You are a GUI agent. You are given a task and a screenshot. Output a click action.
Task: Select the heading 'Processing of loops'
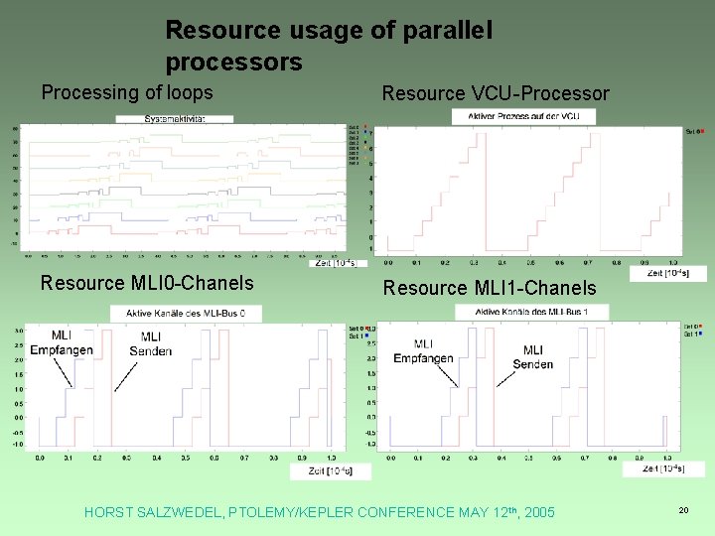pyautogui.click(x=127, y=92)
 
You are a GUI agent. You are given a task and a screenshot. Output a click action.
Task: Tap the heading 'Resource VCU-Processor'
pyautogui.click(x=496, y=93)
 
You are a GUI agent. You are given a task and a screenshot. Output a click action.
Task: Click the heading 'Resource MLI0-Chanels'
pyautogui.click(x=147, y=283)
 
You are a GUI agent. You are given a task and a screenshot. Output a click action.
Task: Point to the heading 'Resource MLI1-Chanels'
pyautogui.click(x=490, y=288)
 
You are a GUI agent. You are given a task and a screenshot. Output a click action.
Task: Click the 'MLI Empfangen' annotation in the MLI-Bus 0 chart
pyautogui.click(x=62, y=343)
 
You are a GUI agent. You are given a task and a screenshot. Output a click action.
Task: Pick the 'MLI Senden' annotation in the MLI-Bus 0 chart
pyautogui.click(x=151, y=343)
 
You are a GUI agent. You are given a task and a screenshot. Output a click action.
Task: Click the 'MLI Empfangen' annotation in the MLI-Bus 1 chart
pyautogui.click(x=423, y=351)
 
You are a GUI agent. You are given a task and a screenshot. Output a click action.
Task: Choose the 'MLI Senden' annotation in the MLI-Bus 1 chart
pyautogui.click(x=533, y=357)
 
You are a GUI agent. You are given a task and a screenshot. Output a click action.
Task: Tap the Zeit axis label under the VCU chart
pyautogui.click(x=670, y=272)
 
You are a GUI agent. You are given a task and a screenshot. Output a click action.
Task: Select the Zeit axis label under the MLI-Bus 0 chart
pyautogui.click(x=329, y=470)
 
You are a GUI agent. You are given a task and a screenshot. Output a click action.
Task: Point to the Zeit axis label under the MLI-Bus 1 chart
pyautogui.click(x=663, y=469)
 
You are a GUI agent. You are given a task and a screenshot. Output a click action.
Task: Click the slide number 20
pyautogui.click(x=683, y=509)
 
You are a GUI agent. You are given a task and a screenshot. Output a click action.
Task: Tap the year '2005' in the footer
pyautogui.click(x=536, y=512)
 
